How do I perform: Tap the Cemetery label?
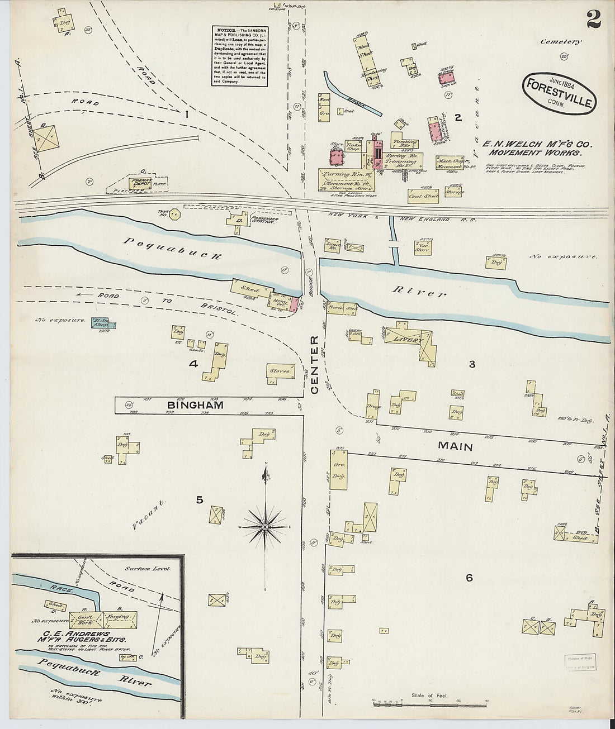[x=561, y=41]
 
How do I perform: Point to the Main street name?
[x=455, y=446]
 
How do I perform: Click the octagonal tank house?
[x=175, y=215]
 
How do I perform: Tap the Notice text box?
[x=239, y=55]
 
